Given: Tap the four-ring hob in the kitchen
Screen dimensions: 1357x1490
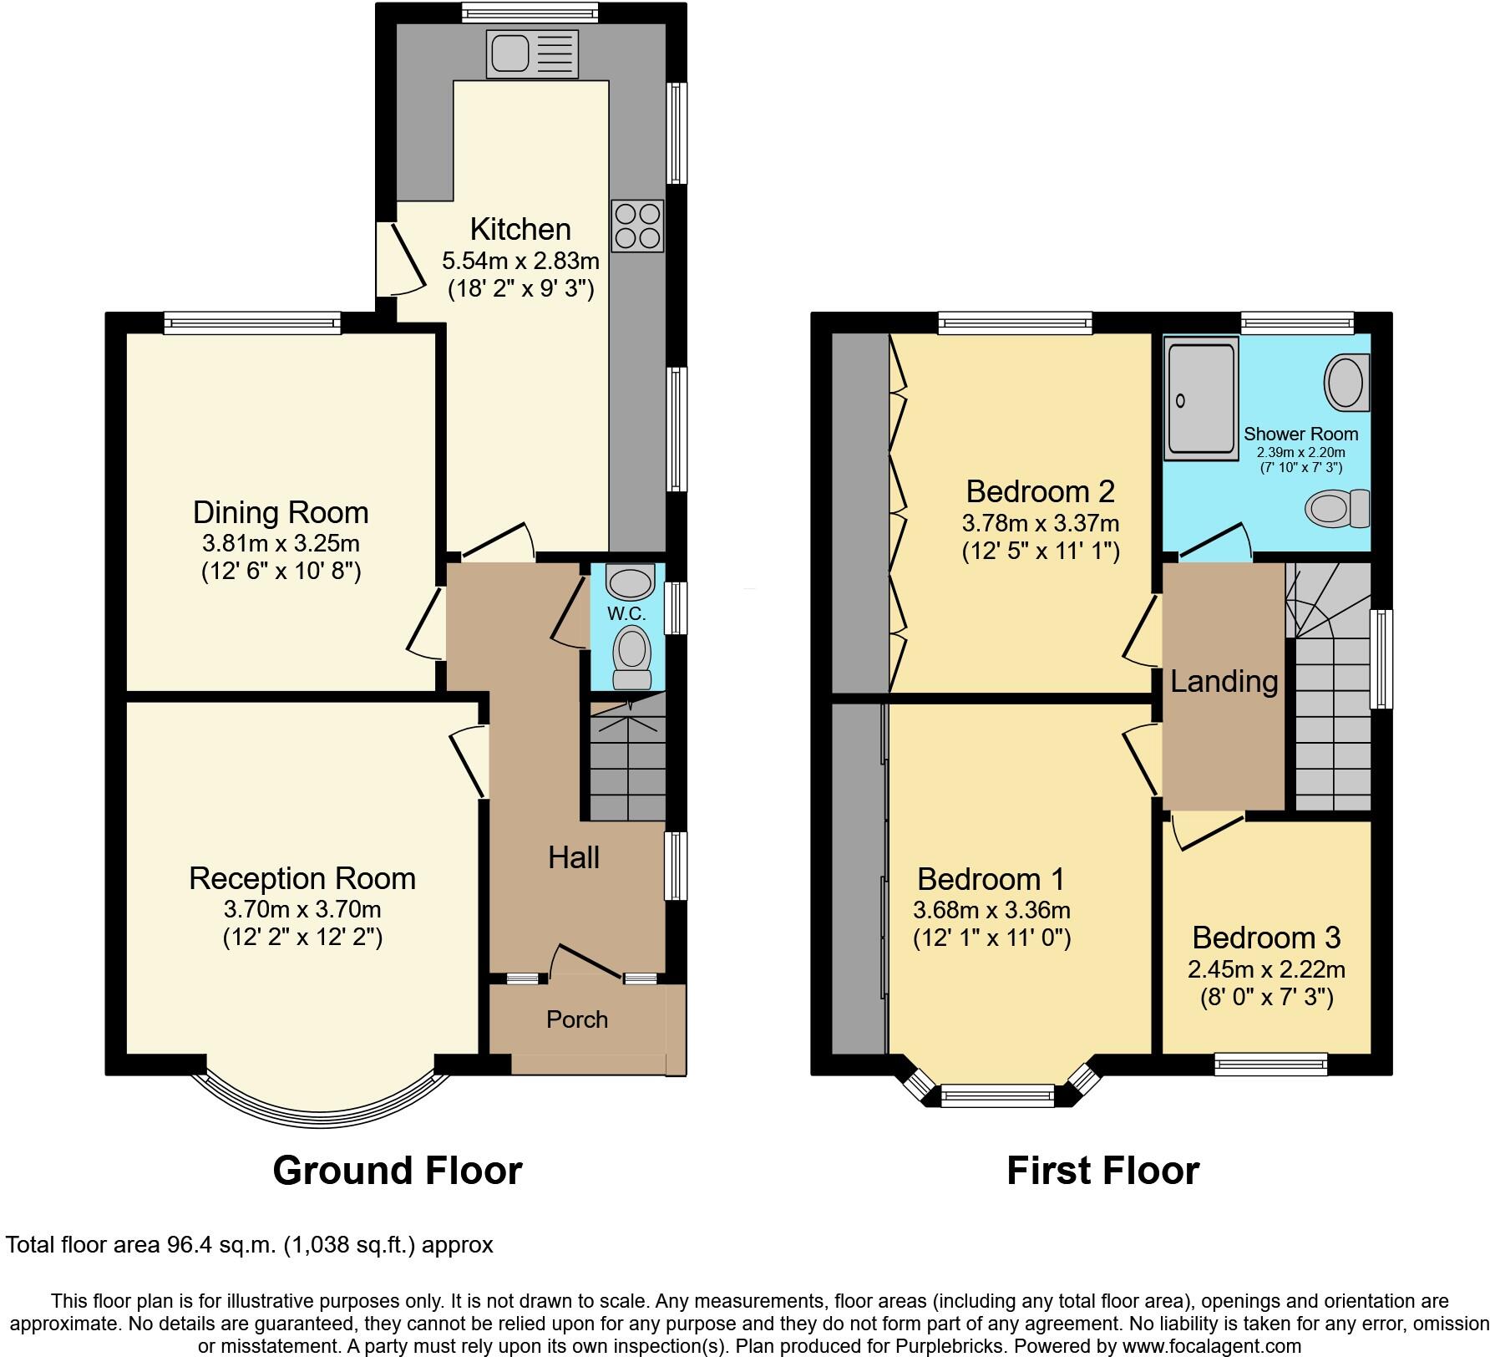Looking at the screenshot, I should point(637,226).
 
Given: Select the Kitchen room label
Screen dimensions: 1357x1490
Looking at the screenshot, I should point(520,229).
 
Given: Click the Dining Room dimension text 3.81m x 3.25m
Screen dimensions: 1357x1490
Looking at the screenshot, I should point(281,544).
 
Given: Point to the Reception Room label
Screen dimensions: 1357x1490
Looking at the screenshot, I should point(302,878).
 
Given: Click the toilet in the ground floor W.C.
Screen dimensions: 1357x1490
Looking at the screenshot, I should point(632,659).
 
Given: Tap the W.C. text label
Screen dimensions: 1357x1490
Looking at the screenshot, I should point(626,613).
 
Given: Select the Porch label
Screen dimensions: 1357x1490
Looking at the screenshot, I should point(577,1019).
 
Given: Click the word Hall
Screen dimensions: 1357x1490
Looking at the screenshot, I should point(574,857).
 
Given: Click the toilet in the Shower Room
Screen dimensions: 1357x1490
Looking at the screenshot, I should point(1337,508).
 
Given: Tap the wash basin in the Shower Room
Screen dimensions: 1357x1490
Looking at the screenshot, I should point(1346,382).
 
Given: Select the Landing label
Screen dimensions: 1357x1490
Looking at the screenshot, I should point(1224,682).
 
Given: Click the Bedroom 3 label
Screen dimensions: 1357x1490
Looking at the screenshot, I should point(1266,938).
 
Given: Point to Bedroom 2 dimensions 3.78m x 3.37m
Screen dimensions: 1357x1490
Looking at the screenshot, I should point(1040,524).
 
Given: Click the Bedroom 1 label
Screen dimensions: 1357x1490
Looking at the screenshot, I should point(991,879).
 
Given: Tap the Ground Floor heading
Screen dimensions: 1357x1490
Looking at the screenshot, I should point(398,1171).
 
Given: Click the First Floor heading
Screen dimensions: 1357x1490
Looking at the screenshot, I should point(1102,1171).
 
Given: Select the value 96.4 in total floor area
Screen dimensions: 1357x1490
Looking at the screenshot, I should point(187,1245).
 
